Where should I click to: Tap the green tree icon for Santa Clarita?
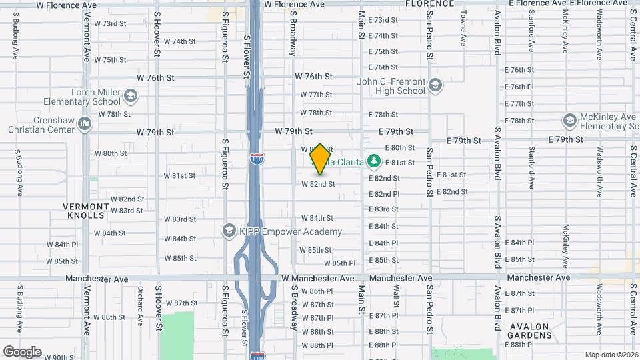pyautogui.click(x=375, y=161)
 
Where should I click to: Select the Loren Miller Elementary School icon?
pyautogui.click(x=131, y=97)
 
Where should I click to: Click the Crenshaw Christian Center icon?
pyautogui.click(x=85, y=124)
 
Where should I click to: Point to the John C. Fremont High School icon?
pyautogui.click(x=435, y=86)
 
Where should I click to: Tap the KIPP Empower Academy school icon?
pyautogui.click(x=229, y=231)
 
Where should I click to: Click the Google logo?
pyautogui.click(x=22, y=351)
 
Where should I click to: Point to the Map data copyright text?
pyautogui.click(x=611, y=355)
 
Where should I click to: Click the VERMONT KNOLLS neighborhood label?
pyautogui.click(x=85, y=211)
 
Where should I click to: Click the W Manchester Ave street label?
pyautogui.click(x=318, y=278)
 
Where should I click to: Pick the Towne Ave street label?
pyautogui.click(x=463, y=29)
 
